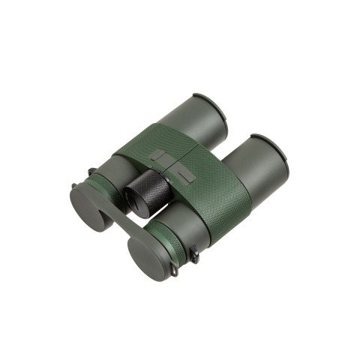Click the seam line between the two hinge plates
[170, 166]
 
